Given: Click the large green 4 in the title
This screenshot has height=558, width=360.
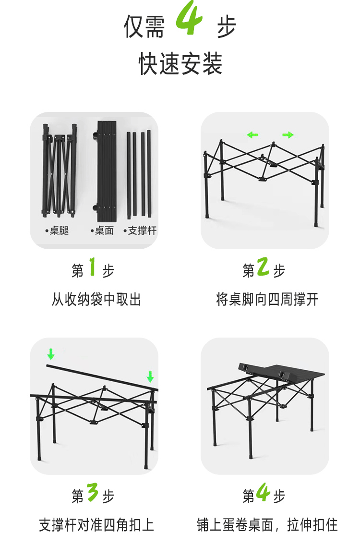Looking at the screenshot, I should click(190, 20).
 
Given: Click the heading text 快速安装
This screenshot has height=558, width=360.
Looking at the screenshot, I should click(180, 64).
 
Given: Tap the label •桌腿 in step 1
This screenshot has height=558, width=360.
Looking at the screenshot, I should click(58, 231).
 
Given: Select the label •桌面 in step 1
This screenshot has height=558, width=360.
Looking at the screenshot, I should click(102, 231).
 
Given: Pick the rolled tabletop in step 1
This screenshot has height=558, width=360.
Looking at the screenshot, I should click(106, 168).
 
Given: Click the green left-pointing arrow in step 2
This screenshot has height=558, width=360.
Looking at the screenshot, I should click(252, 135).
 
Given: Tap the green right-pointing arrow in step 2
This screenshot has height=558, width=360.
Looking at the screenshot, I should click(288, 135).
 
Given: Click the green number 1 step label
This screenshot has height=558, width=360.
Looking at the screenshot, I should click(93, 267).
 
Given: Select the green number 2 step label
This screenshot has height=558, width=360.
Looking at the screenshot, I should click(263, 267).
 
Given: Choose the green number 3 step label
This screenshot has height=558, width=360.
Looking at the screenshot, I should click(93, 493).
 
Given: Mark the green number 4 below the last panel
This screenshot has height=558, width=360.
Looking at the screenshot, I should click(263, 493).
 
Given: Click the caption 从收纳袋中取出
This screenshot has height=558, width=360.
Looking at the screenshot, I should click(96, 300).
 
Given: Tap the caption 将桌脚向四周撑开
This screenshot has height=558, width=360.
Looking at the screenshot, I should click(267, 300).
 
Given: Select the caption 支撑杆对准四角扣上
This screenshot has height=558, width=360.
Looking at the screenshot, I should click(96, 525).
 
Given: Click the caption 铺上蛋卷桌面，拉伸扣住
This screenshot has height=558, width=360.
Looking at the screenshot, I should click(267, 525).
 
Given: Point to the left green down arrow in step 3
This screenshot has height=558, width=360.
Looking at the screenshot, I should click(51, 354).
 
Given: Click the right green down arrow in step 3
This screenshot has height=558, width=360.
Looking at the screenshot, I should click(150, 376).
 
